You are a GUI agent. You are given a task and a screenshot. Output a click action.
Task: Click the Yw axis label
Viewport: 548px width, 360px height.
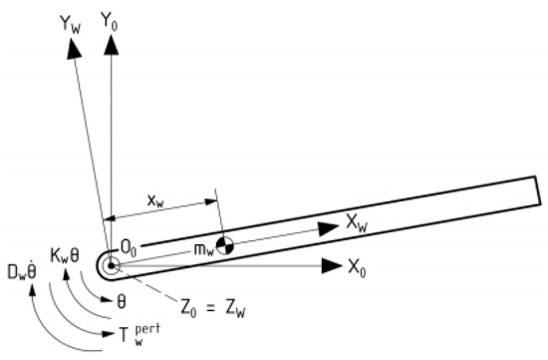[71, 25]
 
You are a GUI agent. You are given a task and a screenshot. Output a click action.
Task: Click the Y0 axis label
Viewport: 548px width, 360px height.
[110, 21]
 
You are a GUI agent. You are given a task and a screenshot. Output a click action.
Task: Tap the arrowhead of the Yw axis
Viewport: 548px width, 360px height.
[74, 48]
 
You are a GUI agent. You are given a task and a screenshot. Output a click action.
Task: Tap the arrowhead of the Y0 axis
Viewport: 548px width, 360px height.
[112, 45]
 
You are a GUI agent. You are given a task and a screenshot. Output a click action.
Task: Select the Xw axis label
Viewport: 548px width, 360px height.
[357, 222]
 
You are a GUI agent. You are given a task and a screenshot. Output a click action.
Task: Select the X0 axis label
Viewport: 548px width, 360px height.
[357, 268]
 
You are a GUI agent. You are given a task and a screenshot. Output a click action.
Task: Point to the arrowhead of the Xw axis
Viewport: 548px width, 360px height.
[329, 228]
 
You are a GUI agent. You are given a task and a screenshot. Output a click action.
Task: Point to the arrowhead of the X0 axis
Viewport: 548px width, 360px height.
[332, 266]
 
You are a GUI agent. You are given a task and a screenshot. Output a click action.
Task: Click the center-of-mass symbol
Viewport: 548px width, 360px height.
[224, 245]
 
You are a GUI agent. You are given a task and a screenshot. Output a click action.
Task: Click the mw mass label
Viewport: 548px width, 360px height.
[203, 249]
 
